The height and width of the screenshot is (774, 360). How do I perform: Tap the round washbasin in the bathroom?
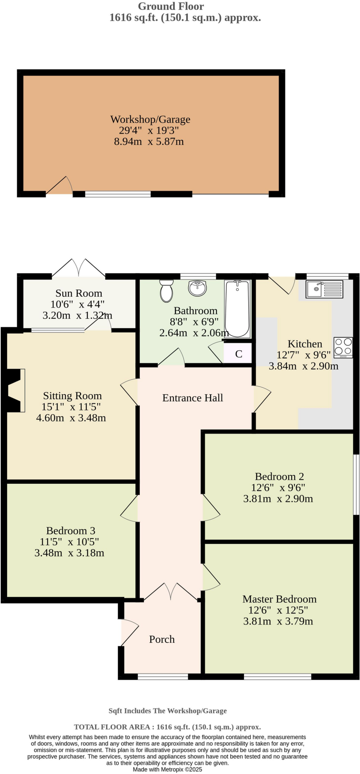tap(197, 288)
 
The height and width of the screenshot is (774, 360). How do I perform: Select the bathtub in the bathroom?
tap(237, 308)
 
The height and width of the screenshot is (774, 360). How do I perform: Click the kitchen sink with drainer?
tap(324, 289)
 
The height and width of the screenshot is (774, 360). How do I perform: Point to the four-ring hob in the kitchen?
tap(343, 347)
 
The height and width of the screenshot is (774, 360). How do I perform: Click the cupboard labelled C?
tap(238, 354)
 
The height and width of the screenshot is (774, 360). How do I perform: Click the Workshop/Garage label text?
tap(150, 119)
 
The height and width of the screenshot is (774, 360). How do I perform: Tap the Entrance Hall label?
tap(192, 398)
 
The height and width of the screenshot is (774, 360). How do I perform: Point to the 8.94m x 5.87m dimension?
tap(149, 142)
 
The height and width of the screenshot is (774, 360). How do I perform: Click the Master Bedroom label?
tap(279, 599)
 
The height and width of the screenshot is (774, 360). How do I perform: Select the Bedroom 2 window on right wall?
tap(356, 484)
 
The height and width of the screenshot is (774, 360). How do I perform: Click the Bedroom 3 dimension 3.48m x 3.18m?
tap(69, 553)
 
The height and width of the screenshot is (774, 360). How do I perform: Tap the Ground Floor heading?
tap(171, 6)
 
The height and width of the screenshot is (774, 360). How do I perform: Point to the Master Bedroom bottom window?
tap(277, 676)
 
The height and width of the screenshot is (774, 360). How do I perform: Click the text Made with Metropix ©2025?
tap(167, 769)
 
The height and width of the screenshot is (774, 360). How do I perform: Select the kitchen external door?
tap(282, 285)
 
